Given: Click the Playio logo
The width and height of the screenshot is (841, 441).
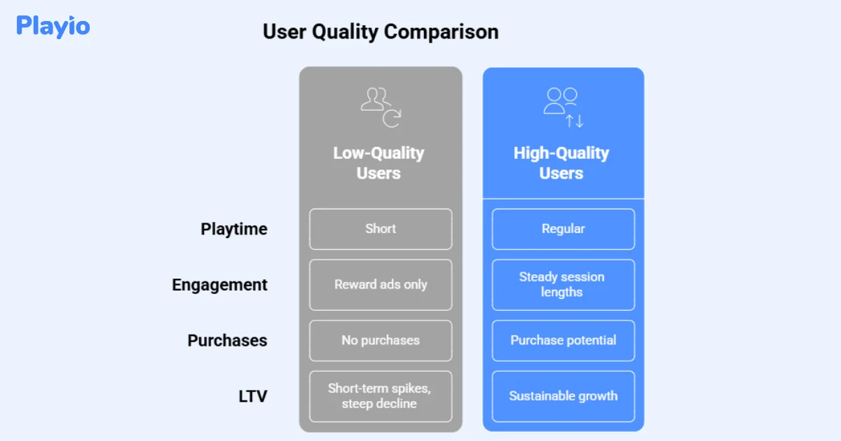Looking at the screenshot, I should [x=53, y=26].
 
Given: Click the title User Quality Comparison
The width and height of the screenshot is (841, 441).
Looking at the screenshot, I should [x=381, y=32].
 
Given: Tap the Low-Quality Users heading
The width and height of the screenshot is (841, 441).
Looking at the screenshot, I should [x=378, y=163].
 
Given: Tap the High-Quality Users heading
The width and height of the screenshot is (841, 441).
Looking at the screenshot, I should [x=561, y=163].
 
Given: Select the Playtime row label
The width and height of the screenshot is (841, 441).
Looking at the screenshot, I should [x=233, y=229].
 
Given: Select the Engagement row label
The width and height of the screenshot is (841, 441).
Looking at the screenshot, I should [x=219, y=285].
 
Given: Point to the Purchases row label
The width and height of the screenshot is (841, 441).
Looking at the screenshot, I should [x=227, y=340].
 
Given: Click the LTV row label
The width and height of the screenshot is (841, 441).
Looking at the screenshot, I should [x=253, y=396].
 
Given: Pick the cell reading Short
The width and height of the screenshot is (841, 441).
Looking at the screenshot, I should [x=381, y=229].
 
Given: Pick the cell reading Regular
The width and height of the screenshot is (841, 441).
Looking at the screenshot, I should [x=563, y=229].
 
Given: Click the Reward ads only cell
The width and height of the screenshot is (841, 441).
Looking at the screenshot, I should [x=381, y=285].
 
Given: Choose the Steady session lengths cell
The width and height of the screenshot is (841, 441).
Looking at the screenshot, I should [x=563, y=285].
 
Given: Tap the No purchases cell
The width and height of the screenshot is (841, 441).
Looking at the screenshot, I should [x=381, y=340].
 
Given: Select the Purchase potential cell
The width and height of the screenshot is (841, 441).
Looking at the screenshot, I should [x=563, y=340].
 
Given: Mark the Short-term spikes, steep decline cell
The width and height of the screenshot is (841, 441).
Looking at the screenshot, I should [x=381, y=396].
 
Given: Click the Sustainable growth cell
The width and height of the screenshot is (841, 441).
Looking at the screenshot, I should [x=563, y=396].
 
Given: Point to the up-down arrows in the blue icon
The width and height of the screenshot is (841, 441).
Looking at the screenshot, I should [x=575, y=121].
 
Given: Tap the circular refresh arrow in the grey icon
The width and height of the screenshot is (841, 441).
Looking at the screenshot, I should [x=391, y=119].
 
